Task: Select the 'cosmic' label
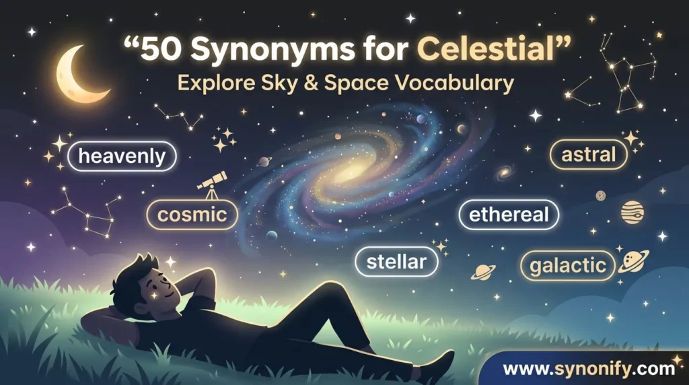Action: pyautogui.click(x=192, y=215)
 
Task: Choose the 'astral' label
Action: pyautogui.click(x=589, y=155)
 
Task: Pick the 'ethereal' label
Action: pyautogui.click(x=509, y=215)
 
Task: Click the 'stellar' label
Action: pyautogui.click(x=396, y=262)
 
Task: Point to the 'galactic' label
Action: pyautogui.click(x=568, y=265)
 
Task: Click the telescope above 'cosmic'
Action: pyautogui.click(x=213, y=184)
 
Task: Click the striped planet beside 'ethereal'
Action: pyautogui.click(x=632, y=213)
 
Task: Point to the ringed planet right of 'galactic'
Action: pyautogui.click(x=634, y=262)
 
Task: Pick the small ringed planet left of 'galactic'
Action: pyautogui.click(x=482, y=271)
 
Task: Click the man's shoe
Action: pyautogui.click(x=440, y=366)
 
